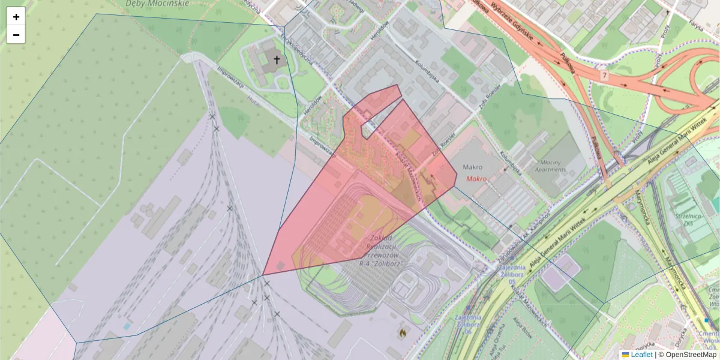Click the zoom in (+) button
[x=16, y=17]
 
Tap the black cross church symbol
[x=277, y=59]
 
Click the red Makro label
[x=475, y=179]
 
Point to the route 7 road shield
[x=604, y=75]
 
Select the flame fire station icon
[x=403, y=331]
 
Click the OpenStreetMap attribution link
[x=691, y=355]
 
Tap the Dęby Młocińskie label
[x=157, y=4]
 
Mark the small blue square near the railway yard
[x=127, y=326]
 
